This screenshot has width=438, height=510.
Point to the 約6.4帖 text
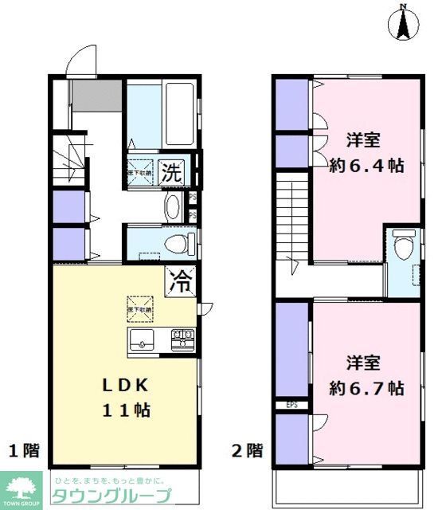point(366,166)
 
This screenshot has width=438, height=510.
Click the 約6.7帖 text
point(366,389)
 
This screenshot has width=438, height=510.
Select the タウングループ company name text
point(111,496)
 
